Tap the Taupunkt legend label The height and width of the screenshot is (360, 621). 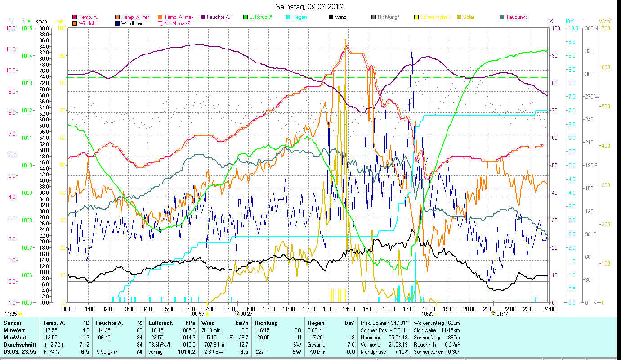[x=516, y=17]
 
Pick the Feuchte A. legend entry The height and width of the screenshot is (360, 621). [x=219, y=17]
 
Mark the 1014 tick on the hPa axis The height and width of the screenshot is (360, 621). [x=27, y=56]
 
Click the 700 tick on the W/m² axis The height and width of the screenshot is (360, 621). [x=605, y=28]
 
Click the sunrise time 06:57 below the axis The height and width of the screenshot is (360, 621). [x=198, y=314]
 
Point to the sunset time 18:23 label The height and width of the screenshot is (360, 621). [x=427, y=314]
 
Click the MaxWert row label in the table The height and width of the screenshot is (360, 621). [x=15, y=337]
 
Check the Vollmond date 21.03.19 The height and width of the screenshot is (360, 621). [x=395, y=344]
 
